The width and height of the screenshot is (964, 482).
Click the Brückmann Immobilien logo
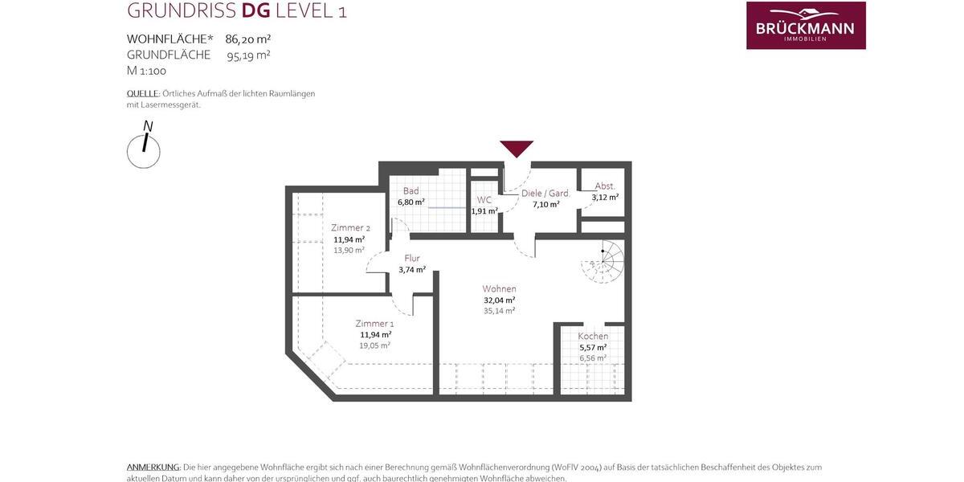tap(806, 26)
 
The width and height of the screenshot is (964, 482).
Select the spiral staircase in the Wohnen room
tap(603, 260)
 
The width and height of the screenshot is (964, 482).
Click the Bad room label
tap(411, 191)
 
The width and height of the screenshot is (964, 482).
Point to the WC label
tap(484, 200)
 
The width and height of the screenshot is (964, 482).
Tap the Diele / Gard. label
tap(545, 194)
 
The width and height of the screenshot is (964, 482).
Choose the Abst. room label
tap(605, 186)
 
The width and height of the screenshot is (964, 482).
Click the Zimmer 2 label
tap(350, 227)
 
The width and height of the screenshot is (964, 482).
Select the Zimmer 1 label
tap(374, 323)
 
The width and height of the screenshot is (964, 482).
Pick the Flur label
tap(412, 258)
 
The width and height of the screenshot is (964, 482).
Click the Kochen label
tap(593, 336)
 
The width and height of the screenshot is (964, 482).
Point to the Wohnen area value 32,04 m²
tap(499, 300)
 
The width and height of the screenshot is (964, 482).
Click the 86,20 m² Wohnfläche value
tap(248, 39)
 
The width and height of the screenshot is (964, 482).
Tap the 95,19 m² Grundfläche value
tap(248, 55)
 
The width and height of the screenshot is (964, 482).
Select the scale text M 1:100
tap(146, 71)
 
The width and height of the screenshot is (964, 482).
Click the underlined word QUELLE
tap(143, 93)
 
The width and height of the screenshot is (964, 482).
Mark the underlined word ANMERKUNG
tap(153, 467)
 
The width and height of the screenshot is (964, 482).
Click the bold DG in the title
tap(256, 10)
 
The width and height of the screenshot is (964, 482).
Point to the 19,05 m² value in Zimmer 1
tap(374, 345)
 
